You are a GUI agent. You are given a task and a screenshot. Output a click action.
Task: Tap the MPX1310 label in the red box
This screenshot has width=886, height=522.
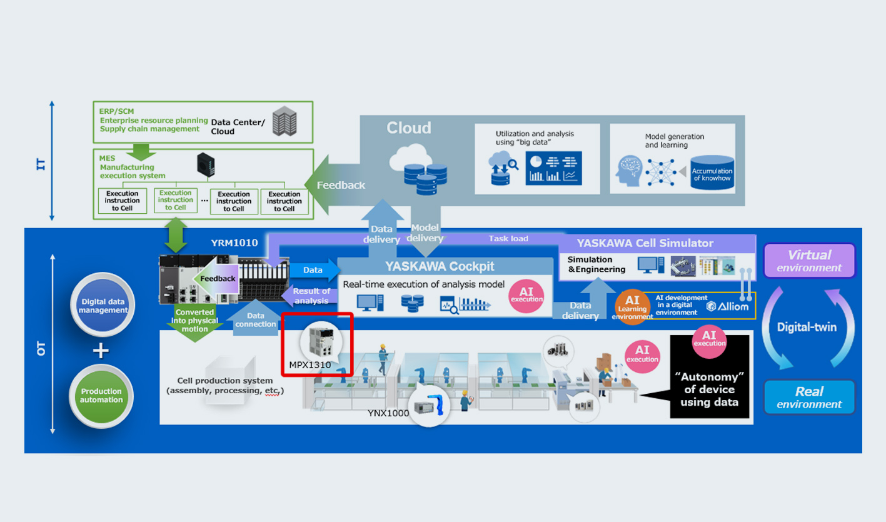click(310, 364)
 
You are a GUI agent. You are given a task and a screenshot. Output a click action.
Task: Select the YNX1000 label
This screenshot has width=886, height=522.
click(388, 413)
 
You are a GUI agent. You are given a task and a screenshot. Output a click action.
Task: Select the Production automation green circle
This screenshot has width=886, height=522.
click(101, 395)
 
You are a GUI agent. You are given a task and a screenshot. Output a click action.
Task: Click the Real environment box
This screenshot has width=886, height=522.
click(809, 397)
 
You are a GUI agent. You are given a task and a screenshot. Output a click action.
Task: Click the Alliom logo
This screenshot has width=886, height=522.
click(727, 306)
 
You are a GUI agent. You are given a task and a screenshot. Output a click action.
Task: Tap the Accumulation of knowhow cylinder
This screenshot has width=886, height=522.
click(712, 172)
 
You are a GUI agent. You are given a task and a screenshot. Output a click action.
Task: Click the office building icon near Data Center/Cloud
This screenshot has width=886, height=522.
click(284, 123)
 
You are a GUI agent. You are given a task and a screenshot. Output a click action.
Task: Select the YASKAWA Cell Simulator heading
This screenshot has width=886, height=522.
click(645, 243)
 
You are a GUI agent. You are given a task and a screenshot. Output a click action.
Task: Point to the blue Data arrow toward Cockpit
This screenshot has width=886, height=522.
click(314, 270)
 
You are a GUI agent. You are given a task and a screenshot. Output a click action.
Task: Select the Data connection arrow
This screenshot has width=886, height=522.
click(256, 318)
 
